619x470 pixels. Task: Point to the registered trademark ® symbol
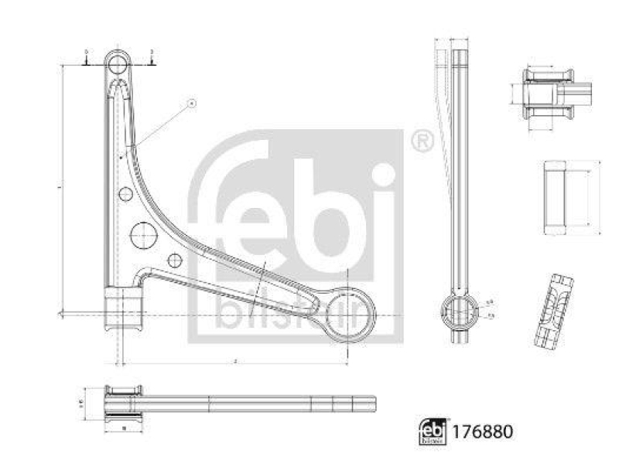point(421,140)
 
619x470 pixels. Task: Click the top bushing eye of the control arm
point(118,63)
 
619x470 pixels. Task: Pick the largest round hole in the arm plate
point(144,233)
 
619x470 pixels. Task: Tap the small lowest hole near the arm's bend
point(175,261)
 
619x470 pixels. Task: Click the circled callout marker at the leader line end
point(193,103)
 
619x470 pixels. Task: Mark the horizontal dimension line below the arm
point(232,363)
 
